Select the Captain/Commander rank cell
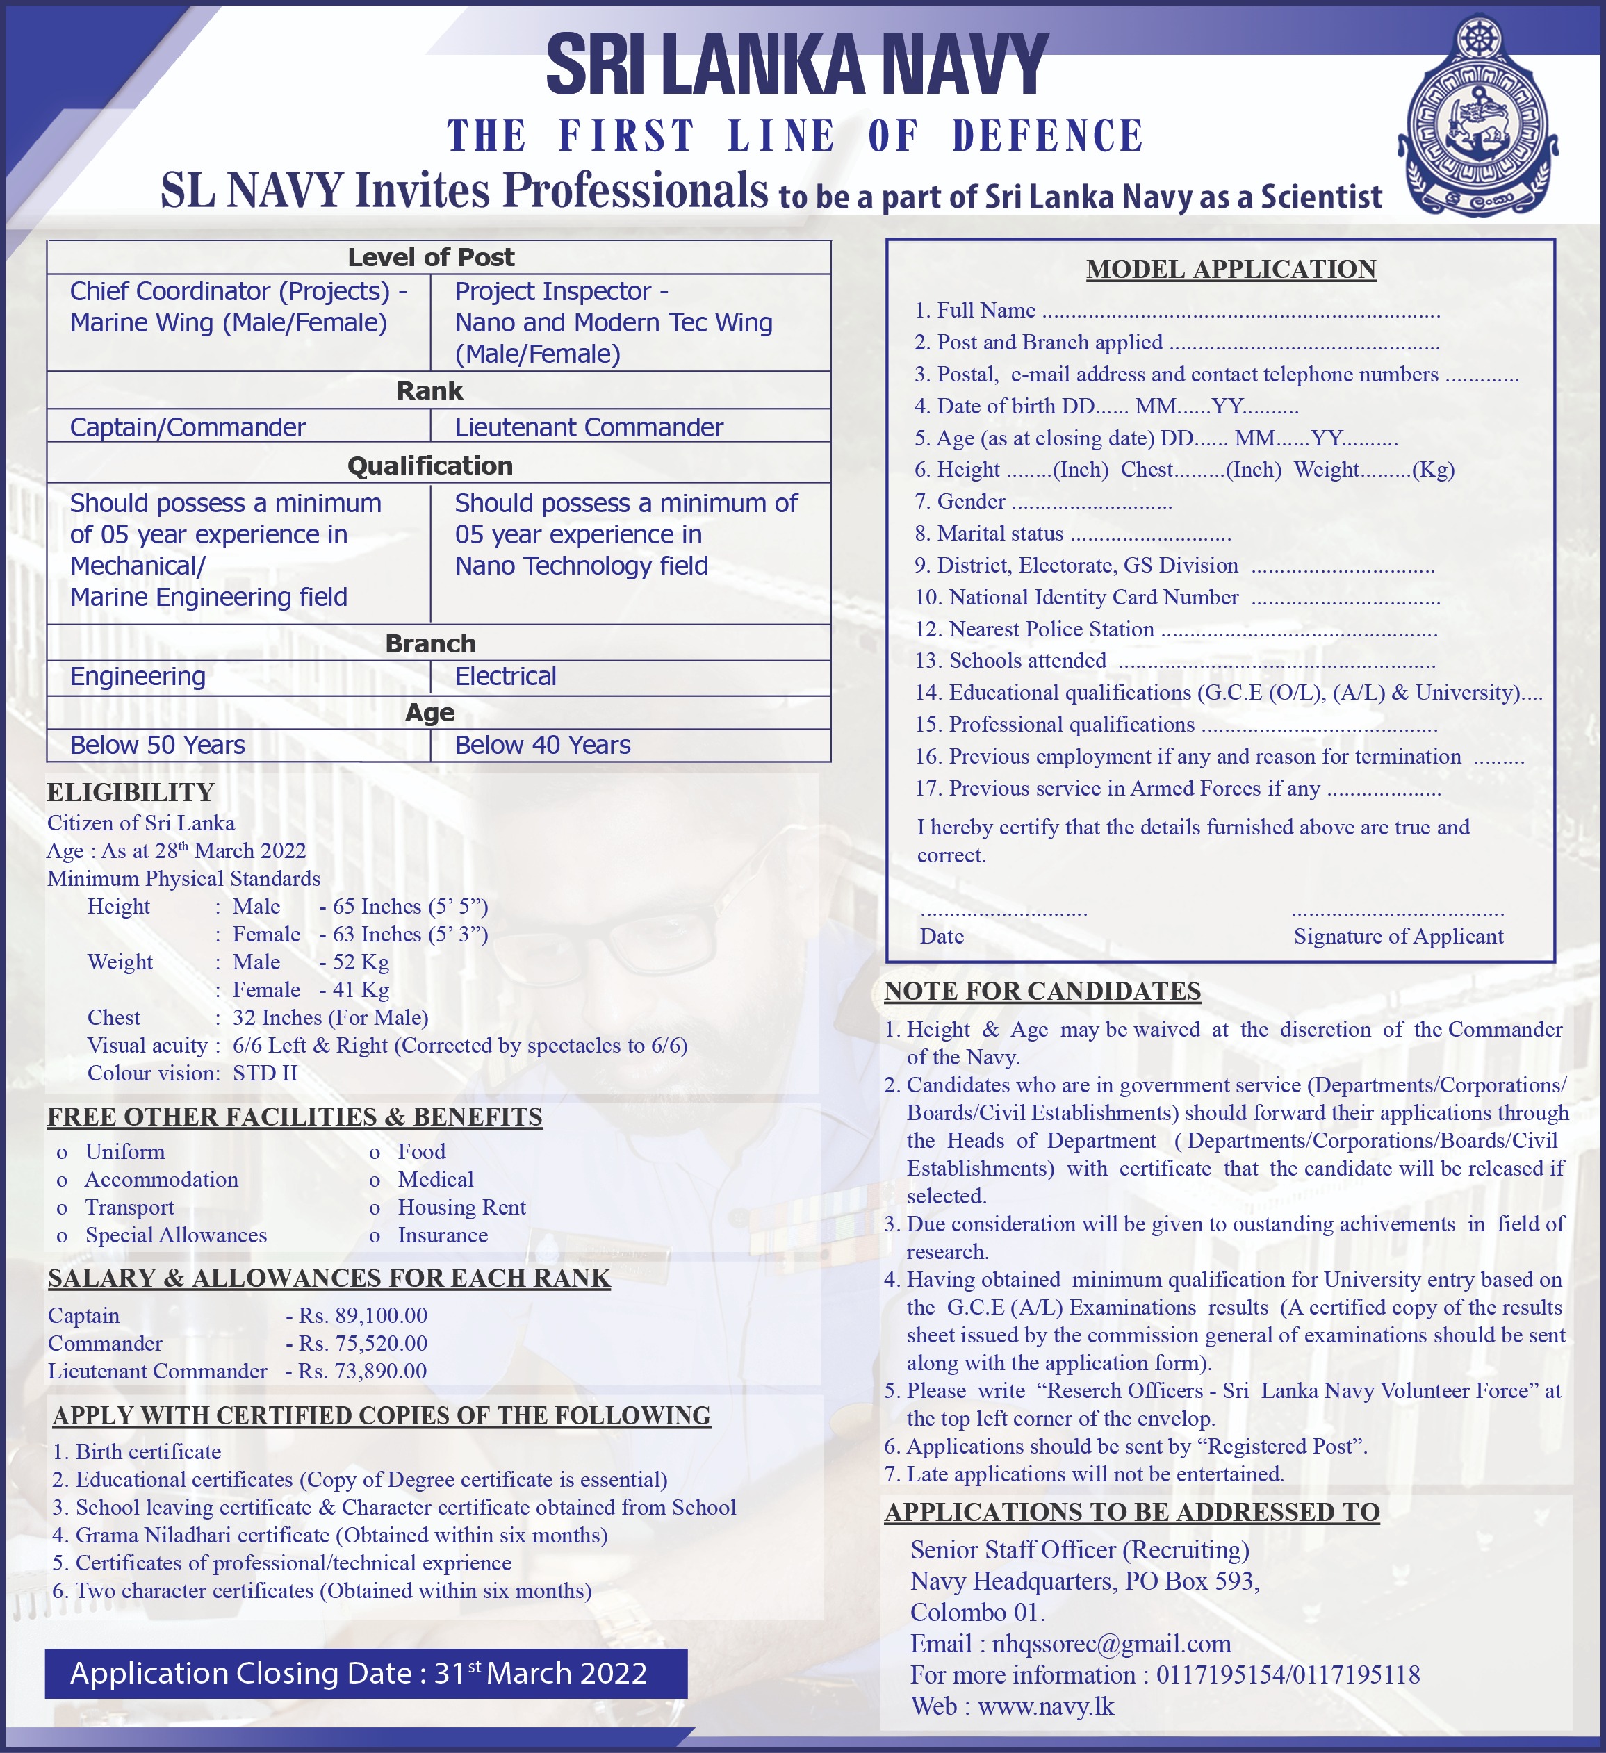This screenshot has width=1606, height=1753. [188, 427]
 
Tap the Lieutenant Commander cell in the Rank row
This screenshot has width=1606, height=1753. [589, 427]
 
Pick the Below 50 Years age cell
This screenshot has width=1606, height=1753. [157, 746]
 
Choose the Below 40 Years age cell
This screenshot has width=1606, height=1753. [543, 746]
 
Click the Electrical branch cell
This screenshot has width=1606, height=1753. [505, 677]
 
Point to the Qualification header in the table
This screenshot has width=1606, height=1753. [429, 466]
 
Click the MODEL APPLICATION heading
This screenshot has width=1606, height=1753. [1230, 270]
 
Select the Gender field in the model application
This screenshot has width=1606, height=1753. [1042, 502]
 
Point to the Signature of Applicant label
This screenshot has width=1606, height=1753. [1398, 937]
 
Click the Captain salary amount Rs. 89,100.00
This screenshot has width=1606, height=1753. [363, 1316]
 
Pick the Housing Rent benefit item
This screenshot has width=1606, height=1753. [461, 1208]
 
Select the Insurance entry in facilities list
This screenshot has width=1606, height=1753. [443, 1235]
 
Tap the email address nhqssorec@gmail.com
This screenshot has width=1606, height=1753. [1111, 1645]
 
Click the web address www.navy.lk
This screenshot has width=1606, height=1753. [1045, 1707]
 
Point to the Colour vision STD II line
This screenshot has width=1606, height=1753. [192, 1074]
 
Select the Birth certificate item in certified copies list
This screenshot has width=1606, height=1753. [148, 1452]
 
